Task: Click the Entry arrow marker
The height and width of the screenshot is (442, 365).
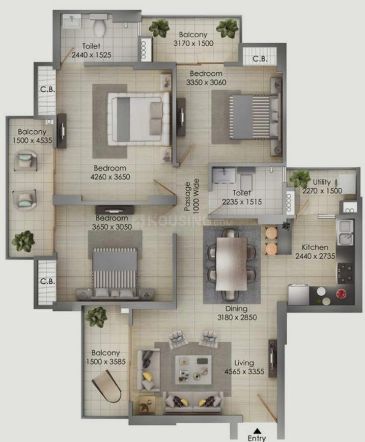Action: click(257, 431)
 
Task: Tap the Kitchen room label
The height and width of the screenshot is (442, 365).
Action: click(315, 247)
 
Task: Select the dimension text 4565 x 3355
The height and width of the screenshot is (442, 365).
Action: click(244, 371)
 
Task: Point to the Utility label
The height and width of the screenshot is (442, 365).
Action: click(322, 182)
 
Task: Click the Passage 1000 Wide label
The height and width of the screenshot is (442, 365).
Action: click(191, 196)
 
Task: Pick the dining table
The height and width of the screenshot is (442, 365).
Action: click(231, 263)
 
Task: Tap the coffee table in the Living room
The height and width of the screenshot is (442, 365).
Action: click(193, 370)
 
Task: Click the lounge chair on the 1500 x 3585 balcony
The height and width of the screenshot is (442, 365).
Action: click(106, 386)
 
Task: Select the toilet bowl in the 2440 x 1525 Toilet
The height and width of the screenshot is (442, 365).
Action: click(100, 28)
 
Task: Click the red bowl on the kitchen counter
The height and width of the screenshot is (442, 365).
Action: click(341, 293)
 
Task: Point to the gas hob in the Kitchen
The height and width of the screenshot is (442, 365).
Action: click(345, 273)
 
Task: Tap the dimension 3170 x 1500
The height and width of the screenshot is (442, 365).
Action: click(193, 43)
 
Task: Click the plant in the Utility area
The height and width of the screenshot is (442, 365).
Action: click(300, 178)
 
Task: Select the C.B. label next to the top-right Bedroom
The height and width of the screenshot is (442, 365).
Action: click(260, 58)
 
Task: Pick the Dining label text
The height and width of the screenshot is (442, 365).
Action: click(236, 309)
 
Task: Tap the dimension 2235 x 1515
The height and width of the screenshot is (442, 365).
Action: click(242, 202)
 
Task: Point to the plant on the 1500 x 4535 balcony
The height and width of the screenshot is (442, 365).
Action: click(23, 241)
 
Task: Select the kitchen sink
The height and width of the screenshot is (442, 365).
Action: click(345, 233)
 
